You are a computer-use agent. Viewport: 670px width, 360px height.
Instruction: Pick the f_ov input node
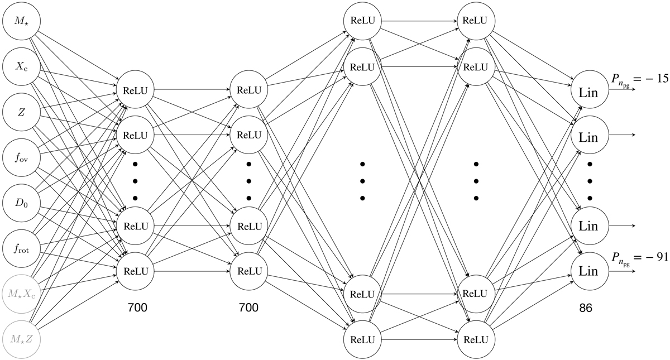click(21, 157)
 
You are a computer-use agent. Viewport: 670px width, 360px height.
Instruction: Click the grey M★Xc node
click(21, 292)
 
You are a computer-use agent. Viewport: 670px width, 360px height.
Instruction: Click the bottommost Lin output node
click(588, 270)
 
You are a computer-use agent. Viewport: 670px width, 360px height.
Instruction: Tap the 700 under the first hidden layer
click(137, 307)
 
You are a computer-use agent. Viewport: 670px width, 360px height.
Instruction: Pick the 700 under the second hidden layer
click(250, 307)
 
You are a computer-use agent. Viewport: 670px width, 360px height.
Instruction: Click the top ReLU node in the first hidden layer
click(135, 89)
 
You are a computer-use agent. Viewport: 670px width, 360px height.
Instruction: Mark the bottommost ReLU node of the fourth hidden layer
click(476, 339)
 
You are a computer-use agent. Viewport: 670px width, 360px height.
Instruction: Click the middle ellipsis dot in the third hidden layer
click(362, 181)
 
